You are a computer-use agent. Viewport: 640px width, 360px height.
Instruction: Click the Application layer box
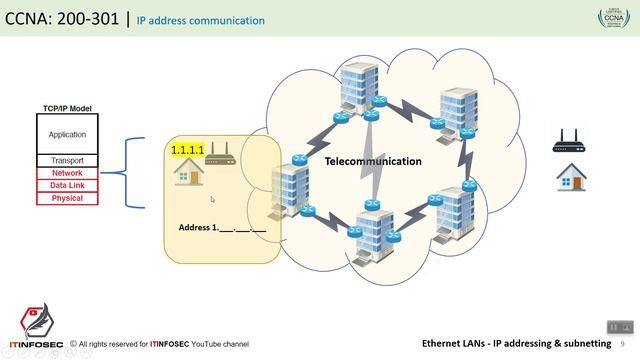[67, 134]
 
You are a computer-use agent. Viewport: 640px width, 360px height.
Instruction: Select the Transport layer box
[67, 160]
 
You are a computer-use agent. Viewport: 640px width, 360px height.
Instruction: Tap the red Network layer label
[67, 173]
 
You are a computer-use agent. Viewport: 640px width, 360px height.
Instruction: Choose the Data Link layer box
[67, 185]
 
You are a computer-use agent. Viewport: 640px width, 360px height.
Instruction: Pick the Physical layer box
[67, 198]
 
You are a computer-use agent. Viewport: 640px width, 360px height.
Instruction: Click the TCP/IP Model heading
[67, 108]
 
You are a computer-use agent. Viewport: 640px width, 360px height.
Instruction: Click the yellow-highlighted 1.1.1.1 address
[187, 150]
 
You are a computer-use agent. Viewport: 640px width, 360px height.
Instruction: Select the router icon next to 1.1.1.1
[219, 153]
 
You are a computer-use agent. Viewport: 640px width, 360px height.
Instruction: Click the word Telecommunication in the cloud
[372, 161]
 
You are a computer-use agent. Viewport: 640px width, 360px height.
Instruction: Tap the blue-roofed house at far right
[571, 177]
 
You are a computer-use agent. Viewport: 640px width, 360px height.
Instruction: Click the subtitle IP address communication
[200, 20]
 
